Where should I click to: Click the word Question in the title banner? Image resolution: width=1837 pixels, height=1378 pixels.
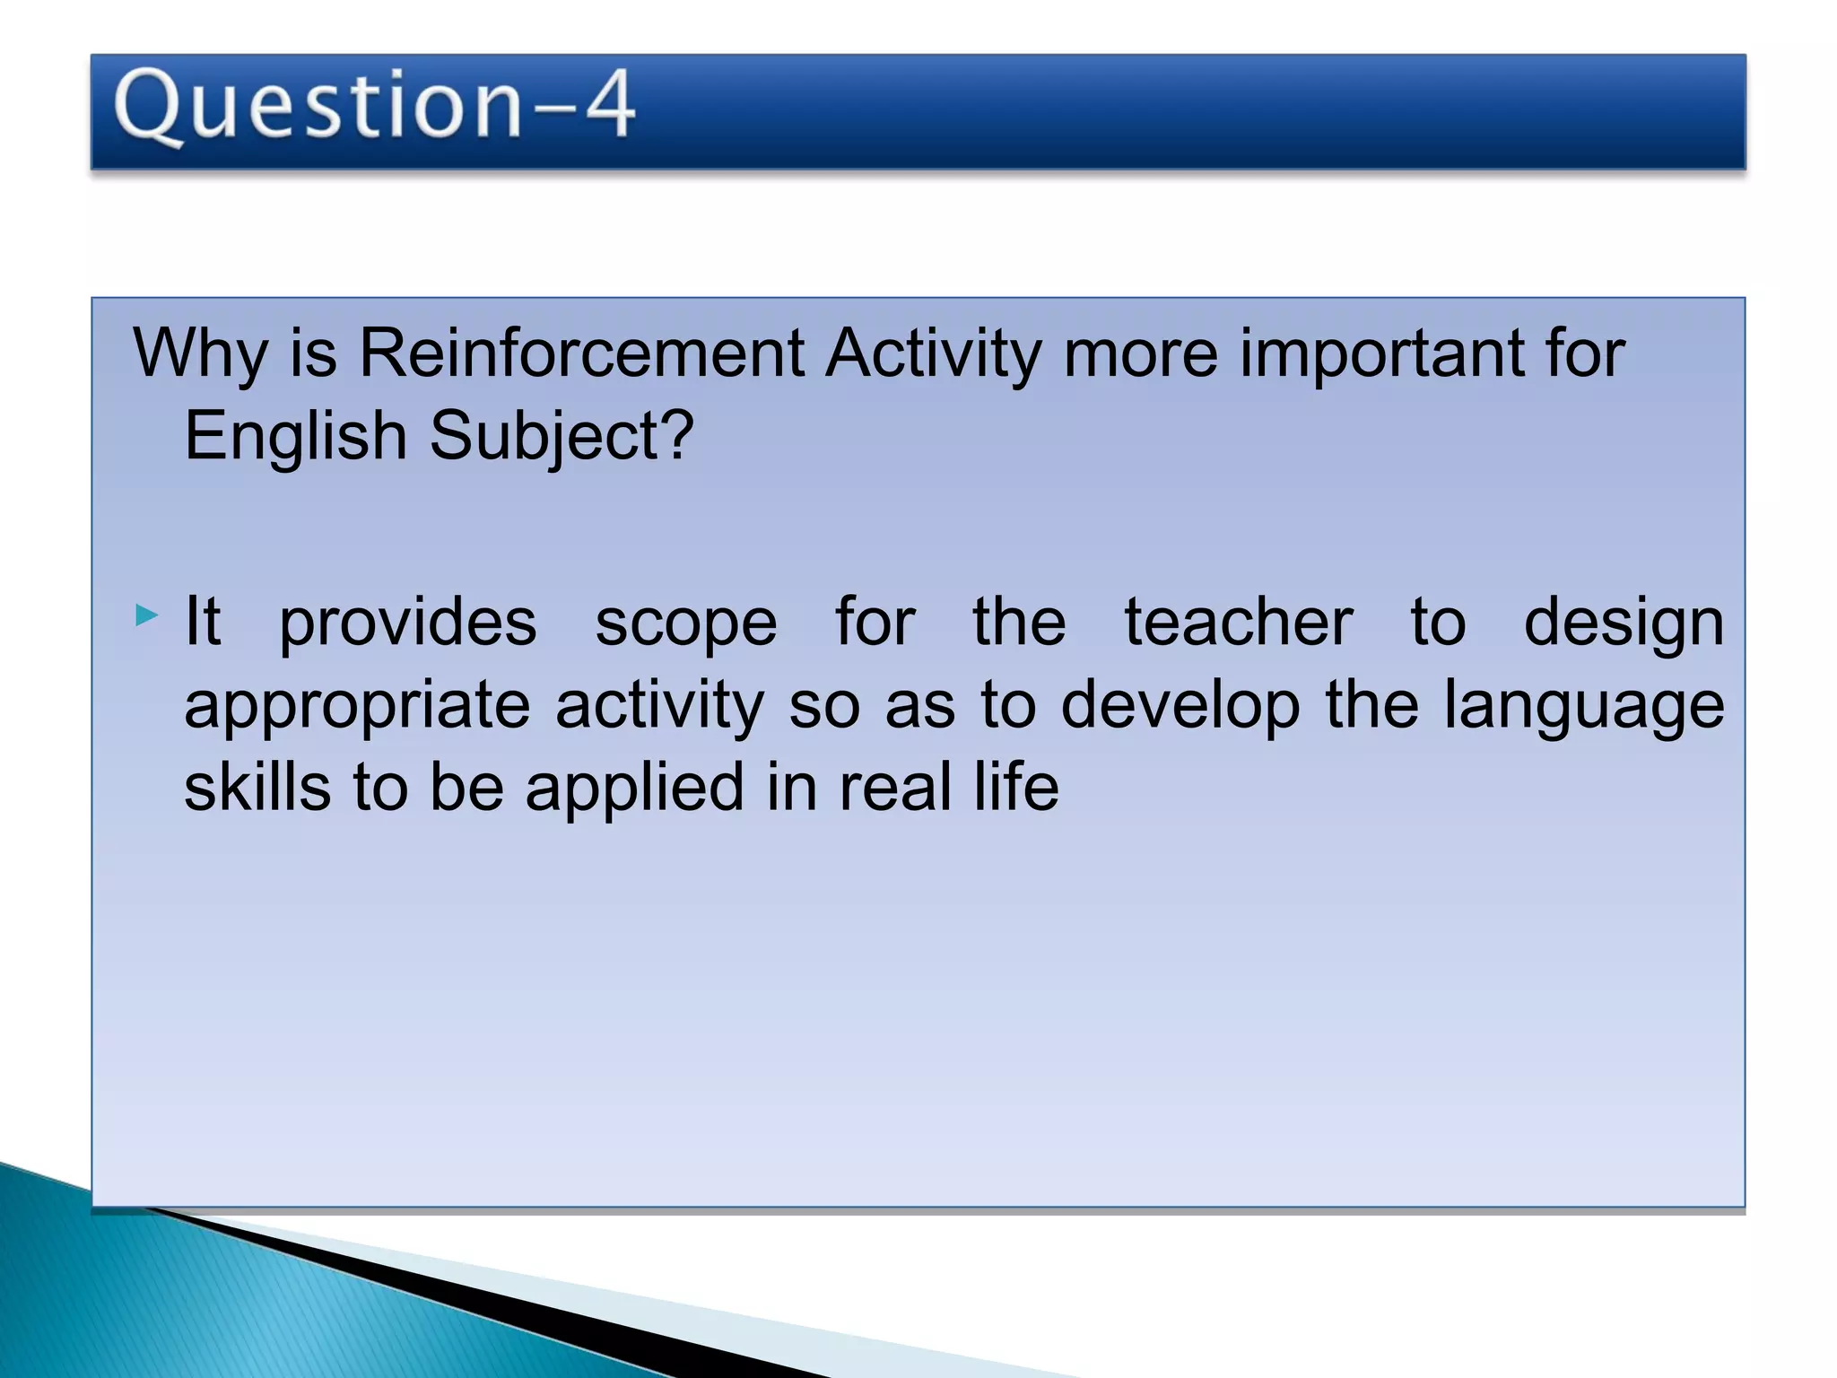(318, 106)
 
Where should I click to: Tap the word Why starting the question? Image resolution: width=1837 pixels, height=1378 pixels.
(200, 353)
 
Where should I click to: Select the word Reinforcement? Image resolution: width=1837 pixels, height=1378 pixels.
(581, 353)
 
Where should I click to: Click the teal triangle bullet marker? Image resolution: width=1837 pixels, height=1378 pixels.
(146, 615)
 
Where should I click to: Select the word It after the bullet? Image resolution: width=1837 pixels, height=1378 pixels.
(202, 621)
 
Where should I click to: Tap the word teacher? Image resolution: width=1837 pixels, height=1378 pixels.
(1239, 621)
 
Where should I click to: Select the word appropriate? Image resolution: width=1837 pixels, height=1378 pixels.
(357, 706)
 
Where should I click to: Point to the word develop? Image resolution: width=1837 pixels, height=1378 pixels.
(1180, 706)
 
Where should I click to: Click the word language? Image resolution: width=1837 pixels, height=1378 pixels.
(1584, 706)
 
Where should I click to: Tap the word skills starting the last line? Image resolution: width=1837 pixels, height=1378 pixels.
(257, 787)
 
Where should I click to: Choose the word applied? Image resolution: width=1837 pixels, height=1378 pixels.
(634, 789)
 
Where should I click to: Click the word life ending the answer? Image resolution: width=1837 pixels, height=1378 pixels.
(1015, 787)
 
